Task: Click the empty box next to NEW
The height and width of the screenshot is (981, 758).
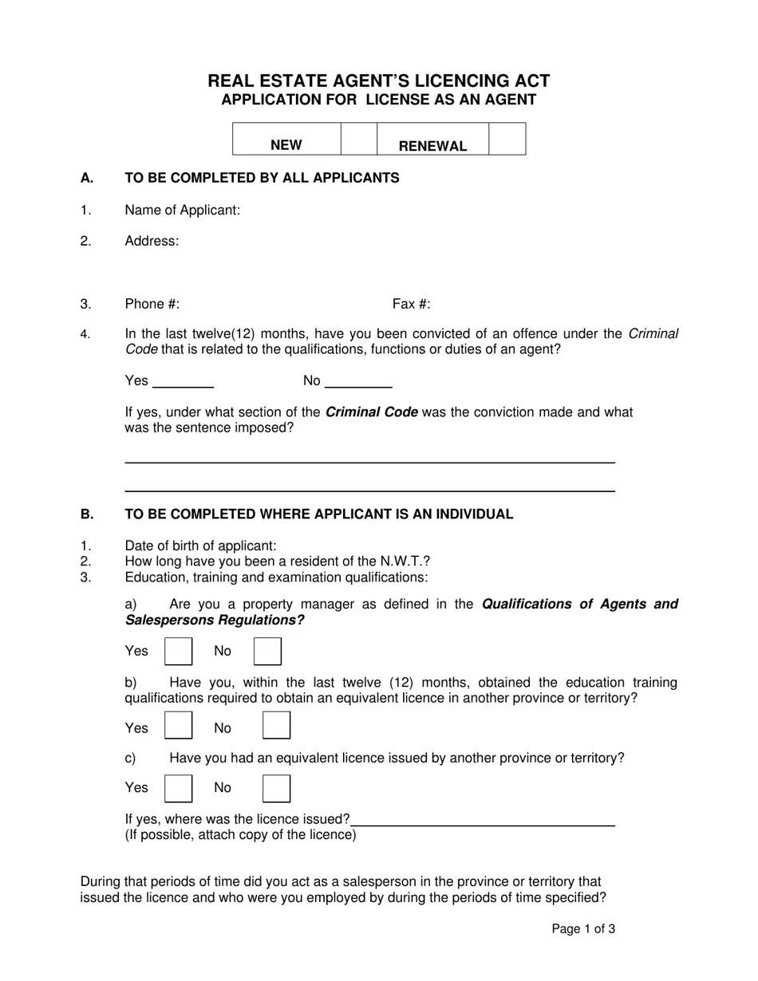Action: coord(358,139)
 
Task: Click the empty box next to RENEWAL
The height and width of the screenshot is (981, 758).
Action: coord(507,139)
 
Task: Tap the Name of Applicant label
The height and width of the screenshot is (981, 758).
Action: coord(182,210)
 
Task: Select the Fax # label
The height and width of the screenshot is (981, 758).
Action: coord(411,304)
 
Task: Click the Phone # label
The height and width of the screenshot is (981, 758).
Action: coord(152,304)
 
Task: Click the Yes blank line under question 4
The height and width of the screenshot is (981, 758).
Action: coord(183,383)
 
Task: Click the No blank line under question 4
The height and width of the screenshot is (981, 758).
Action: coord(358,383)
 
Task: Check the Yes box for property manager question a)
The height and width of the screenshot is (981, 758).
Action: coord(178,651)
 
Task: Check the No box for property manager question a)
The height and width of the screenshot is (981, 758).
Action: coord(267,651)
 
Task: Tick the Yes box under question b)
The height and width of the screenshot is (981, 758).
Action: coord(178,725)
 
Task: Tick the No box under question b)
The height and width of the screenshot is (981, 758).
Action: coord(276,725)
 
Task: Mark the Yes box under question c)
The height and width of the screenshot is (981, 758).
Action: coord(178,788)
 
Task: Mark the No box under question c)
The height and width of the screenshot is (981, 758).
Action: coord(276,788)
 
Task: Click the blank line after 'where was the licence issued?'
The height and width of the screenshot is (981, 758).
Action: coord(483,821)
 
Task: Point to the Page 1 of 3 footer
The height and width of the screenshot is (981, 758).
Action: coord(583,928)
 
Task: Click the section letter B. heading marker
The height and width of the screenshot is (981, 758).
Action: coord(87,514)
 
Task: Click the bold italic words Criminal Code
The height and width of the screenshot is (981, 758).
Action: coord(371,412)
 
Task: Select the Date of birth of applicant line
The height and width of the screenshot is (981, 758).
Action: coord(200,546)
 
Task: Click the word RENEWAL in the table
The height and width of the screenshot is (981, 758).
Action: coord(432,146)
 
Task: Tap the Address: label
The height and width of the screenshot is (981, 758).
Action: coord(152,241)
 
